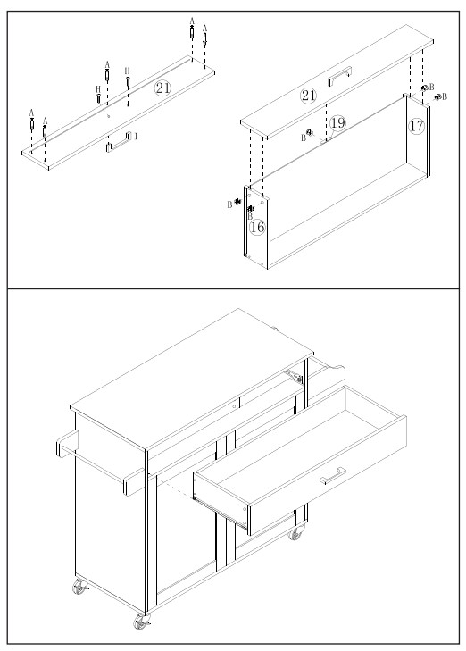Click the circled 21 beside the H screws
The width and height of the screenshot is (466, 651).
point(162,88)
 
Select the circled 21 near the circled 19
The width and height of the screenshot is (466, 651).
point(308,96)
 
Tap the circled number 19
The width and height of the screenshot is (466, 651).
point(337,123)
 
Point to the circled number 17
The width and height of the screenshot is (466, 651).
point(416,125)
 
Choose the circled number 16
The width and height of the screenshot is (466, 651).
point(257,227)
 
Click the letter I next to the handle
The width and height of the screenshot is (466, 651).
point(136,136)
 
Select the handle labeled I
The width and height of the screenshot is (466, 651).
point(119,142)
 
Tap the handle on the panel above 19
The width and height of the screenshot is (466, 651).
point(340,77)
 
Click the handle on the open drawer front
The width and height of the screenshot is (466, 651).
point(333,476)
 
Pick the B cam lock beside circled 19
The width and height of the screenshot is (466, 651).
point(309,132)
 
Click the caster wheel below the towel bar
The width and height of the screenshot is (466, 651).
point(79,587)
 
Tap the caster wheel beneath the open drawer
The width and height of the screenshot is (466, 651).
point(295,532)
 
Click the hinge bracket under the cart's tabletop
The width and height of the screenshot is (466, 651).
point(294,376)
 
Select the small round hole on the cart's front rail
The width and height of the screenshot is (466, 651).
point(235,406)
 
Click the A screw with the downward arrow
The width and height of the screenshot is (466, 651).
point(204,38)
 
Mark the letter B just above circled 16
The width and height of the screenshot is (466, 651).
point(250,216)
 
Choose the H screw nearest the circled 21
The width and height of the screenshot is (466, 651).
point(128,79)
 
